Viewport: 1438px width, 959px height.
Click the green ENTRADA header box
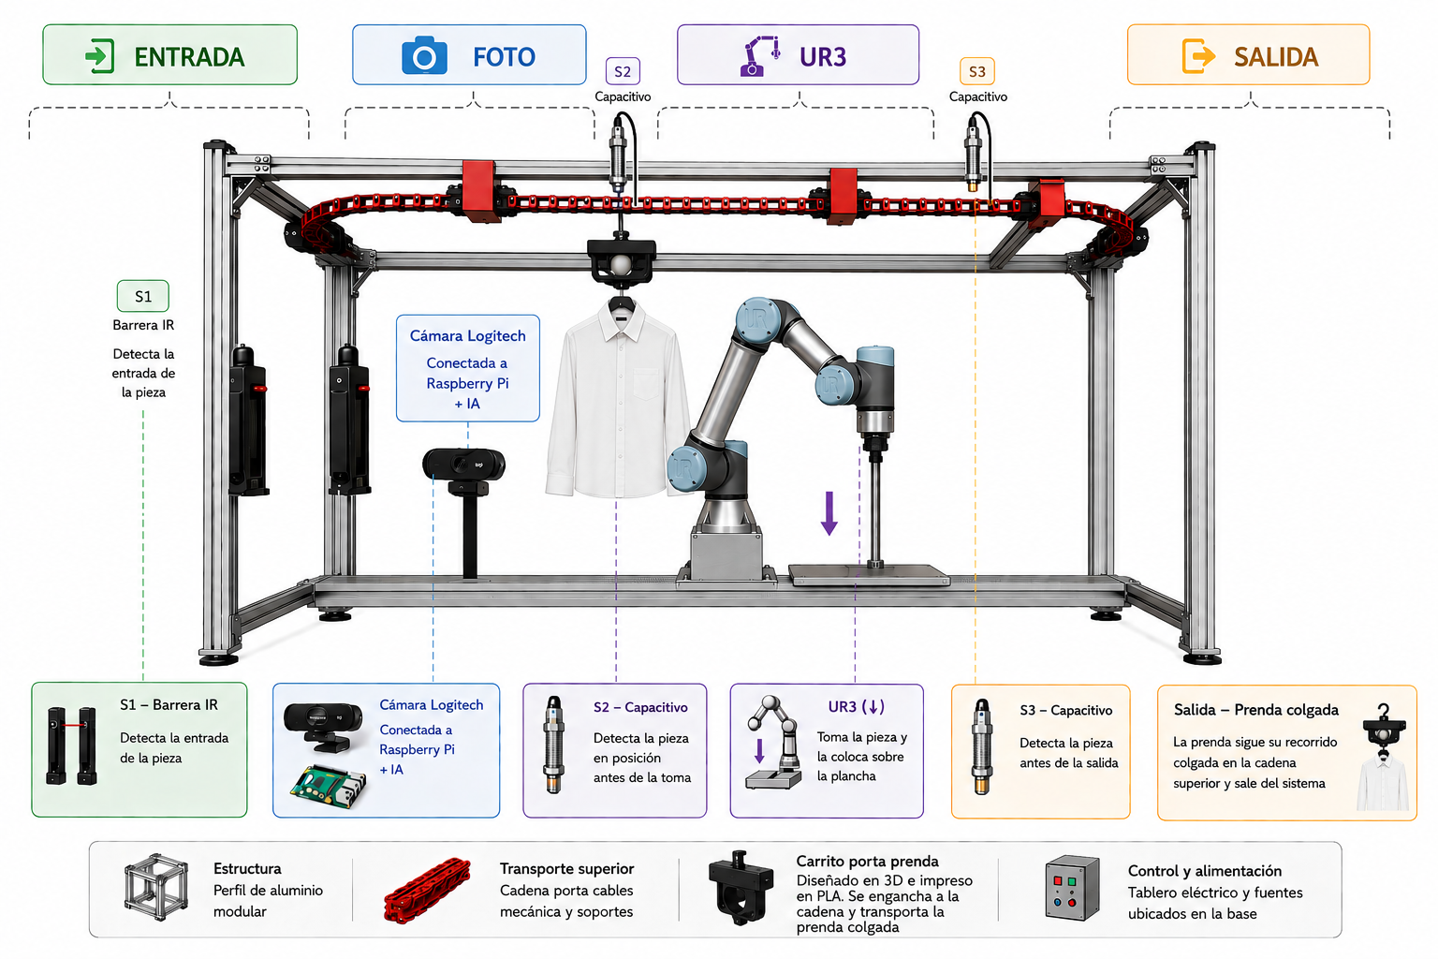pyautogui.click(x=169, y=54)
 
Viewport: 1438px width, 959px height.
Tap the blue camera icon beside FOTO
pyautogui.click(x=424, y=56)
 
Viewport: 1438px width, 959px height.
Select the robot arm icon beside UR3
pyautogui.click(x=760, y=56)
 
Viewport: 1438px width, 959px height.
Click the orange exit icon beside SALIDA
pyautogui.click(x=1198, y=56)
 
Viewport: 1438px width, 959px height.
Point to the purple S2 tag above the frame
pyautogui.click(x=623, y=71)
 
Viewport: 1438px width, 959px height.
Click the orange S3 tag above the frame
pyautogui.click(x=977, y=71)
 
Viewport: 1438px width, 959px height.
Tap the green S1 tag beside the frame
pyautogui.click(x=143, y=296)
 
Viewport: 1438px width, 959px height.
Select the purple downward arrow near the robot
pyautogui.click(x=829, y=513)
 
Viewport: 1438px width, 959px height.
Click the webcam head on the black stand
pyautogui.click(x=463, y=464)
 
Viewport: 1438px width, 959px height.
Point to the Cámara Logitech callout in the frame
pyautogui.click(x=468, y=368)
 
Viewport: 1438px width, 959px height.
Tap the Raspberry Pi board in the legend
pyautogui.click(x=328, y=786)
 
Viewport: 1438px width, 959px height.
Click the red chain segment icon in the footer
pyautogui.click(x=427, y=891)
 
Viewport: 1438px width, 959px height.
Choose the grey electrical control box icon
pyautogui.click(x=1071, y=888)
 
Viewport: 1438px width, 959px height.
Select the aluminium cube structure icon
pyautogui.click(x=156, y=888)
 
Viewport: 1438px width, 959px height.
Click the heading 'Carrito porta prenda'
pyautogui.click(x=867, y=861)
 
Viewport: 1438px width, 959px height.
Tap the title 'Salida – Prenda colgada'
pyautogui.click(x=1256, y=710)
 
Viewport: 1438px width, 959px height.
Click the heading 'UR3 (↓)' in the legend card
pyautogui.click(x=857, y=706)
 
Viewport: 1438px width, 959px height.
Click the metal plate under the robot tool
pyautogui.click(x=869, y=574)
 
